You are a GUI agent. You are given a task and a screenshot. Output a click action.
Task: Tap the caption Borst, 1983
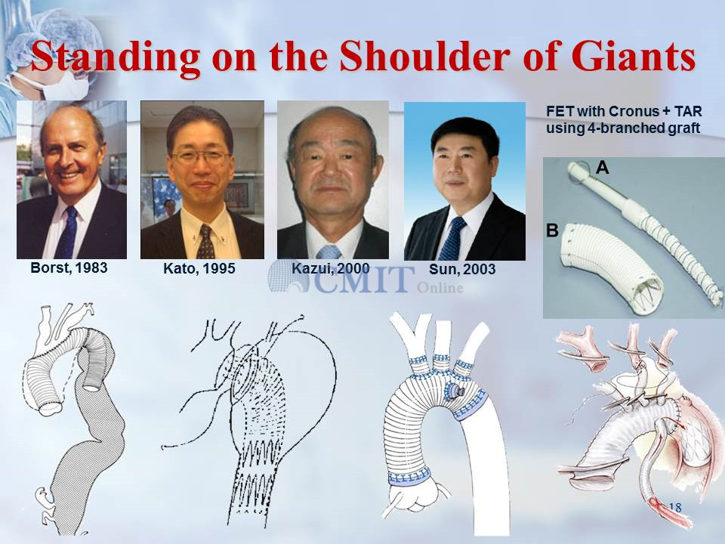pos(69,267)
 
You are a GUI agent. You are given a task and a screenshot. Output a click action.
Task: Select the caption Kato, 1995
pos(199,268)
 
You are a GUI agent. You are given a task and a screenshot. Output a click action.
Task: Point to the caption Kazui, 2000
pos(331,268)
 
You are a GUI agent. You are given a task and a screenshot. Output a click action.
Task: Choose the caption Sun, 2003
pos(462,269)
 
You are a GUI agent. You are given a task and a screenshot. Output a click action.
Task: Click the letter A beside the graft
pos(602,168)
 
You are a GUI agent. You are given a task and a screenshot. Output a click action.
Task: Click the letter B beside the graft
pos(553,230)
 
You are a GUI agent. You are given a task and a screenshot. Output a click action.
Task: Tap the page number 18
pos(675,508)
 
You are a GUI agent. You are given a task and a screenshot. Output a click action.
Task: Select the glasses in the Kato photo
pos(200,158)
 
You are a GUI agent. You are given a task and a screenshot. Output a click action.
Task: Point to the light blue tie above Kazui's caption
pos(329,252)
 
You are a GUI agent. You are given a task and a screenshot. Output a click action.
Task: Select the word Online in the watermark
pos(440,288)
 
